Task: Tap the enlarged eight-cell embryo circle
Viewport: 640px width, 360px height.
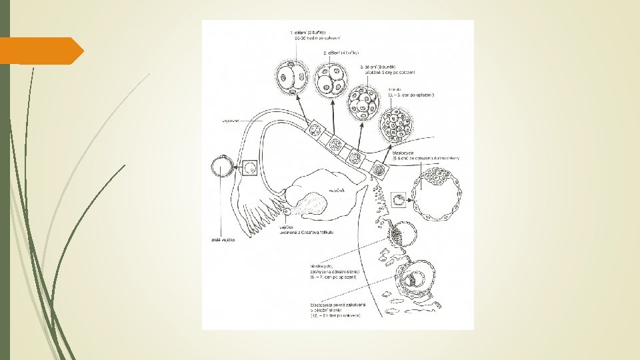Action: click(x=363, y=103)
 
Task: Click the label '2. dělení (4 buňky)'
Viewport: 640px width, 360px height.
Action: click(x=341, y=52)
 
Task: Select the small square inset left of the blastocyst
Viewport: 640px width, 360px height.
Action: click(x=399, y=199)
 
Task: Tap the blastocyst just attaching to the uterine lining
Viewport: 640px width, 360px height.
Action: click(x=403, y=233)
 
